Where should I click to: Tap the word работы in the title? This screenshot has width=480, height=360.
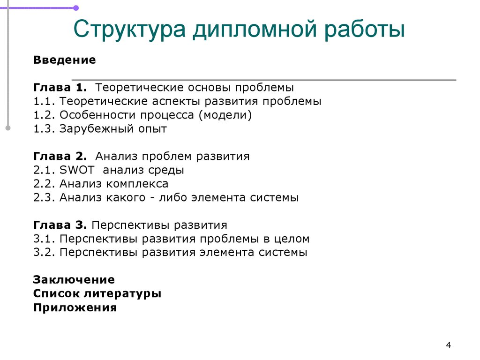point(365,29)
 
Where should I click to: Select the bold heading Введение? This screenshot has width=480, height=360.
point(64,60)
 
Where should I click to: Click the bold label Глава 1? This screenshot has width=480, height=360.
point(60,88)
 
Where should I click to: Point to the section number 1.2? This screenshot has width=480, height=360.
point(44,115)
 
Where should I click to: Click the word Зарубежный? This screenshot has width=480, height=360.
point(97,129)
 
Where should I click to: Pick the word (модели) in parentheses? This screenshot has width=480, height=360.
point(225,115)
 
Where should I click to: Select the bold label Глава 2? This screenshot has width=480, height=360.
point(60,156)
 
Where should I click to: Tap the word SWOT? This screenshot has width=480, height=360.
point(77,170)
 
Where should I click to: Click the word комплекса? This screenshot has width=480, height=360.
point(137,184)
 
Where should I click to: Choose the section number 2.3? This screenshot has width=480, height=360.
point(44,197)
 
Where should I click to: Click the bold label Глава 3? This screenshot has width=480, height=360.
point(60,225)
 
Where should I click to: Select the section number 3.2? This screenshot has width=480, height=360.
point(44,252)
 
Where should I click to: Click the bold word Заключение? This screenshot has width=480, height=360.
point(74,279)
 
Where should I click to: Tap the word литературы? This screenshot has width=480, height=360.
point(122,294)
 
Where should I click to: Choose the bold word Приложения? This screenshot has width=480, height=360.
point(75,307)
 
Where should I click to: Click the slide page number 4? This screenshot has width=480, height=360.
point(449,345)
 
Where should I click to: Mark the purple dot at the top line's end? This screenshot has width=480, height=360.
point(76,8)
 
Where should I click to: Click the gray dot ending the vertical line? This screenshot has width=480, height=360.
point(8,128)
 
